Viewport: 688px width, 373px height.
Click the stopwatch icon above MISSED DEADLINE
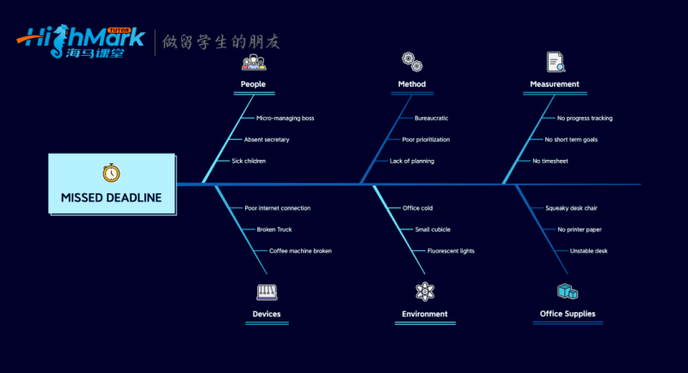point(112,172)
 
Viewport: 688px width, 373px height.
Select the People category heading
point(253,84)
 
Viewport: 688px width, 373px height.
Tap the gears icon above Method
point(412,62)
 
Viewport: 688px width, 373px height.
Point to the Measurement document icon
point(556,62)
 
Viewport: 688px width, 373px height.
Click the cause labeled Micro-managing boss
point(286,119)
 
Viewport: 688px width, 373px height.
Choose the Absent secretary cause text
point(267,140)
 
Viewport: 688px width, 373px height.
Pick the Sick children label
point(249,162)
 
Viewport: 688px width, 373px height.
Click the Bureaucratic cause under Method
point(432,119)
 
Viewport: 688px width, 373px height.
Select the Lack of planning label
point(412,162)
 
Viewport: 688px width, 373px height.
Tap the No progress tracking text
point(585,119)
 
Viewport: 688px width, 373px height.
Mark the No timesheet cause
point(550,162)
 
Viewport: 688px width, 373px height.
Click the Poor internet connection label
point(277,208)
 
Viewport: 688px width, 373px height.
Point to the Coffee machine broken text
point(300,251)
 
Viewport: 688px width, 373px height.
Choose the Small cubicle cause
point(433,229)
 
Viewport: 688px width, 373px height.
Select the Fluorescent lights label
point(451,251)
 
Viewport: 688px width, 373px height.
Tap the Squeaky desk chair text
point(571,208)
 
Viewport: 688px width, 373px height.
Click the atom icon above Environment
point(425,292)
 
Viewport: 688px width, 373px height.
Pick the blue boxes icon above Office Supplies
point(568,291)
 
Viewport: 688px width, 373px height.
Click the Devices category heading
point(267,315)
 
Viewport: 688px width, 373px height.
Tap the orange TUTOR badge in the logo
point(120,30)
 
